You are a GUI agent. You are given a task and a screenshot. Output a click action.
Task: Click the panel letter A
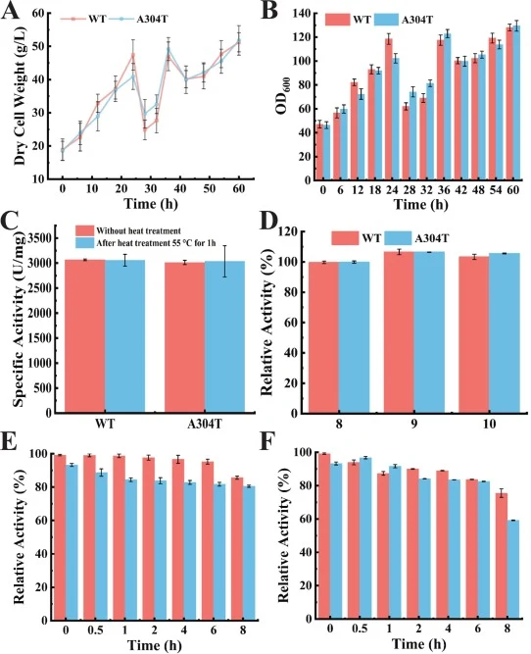pos(11,10)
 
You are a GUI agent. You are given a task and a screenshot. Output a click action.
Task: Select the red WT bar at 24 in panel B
pos(389,109)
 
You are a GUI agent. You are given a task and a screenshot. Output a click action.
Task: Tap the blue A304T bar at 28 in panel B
pos(412,136)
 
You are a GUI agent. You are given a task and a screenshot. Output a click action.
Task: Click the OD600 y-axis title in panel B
pos(282,98)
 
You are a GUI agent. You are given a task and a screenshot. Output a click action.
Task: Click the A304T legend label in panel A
pos(153,19)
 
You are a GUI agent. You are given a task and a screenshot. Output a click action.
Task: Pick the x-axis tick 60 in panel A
pos(238,188)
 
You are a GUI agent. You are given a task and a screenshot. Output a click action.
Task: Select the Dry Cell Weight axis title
pos(20,96)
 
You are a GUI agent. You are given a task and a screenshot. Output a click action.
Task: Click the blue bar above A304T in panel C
pos(224,337)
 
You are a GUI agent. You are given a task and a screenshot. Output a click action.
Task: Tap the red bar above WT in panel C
pos(84,336)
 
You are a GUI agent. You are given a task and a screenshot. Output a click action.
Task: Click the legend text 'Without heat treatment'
pos(139,230)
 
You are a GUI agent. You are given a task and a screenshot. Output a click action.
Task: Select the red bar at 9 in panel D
pos(399,332)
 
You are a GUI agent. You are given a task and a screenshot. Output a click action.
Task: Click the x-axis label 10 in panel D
pos(489,425)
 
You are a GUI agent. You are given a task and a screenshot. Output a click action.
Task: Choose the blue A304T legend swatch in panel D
pos(398,238)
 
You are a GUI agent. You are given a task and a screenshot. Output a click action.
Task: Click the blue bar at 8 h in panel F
pos(514,570)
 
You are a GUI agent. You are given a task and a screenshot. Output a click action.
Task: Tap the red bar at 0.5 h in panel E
pos(89,537)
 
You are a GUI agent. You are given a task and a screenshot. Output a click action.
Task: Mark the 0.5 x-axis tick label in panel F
pos(361,629)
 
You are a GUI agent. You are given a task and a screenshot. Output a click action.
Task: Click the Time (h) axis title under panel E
pos(154,645)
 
